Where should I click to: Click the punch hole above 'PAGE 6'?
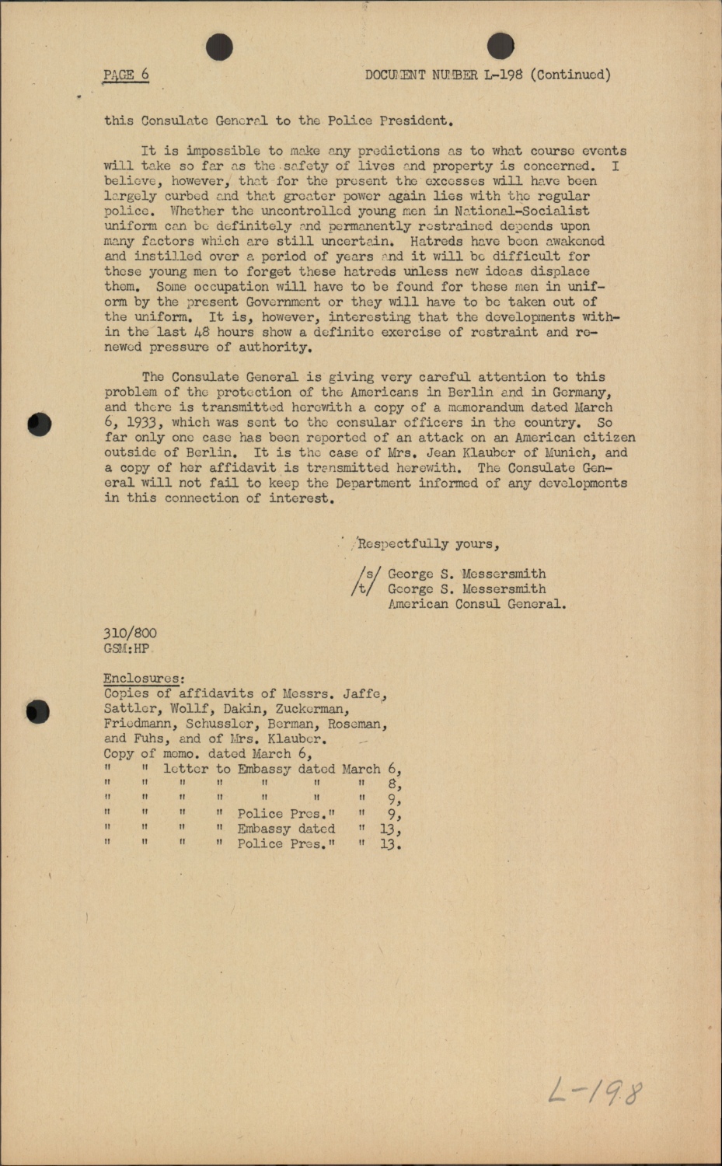220,47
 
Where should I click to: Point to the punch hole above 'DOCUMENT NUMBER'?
501,47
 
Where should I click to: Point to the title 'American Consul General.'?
477,604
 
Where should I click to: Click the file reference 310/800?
130,634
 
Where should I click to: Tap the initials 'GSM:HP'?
127,648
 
